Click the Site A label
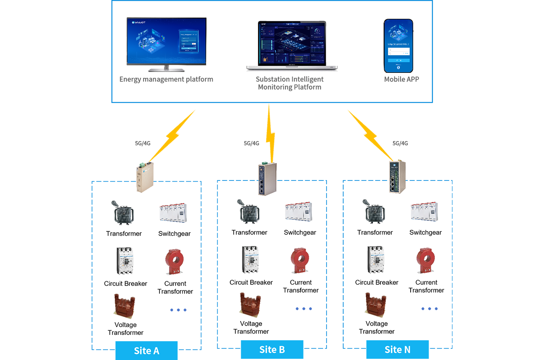click(x=146, y=350)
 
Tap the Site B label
click(x=272, y=350)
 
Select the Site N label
click(x=397, y=350)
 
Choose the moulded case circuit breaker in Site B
click(x=251, y=261)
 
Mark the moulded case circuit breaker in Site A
click(x=125, y=261)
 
